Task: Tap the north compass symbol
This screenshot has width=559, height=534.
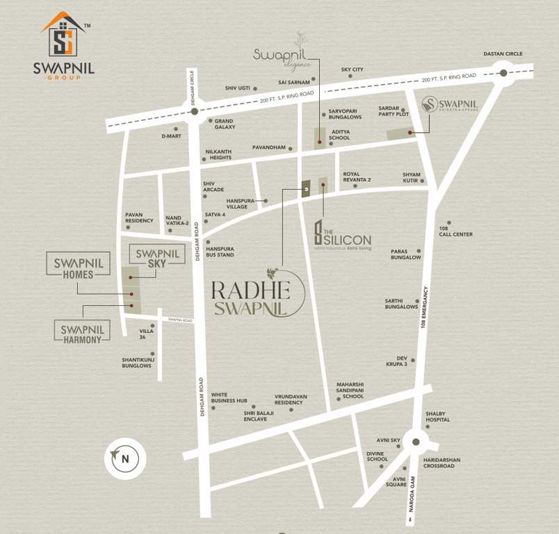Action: (124, 458)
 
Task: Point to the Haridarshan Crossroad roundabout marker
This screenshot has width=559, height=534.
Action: (415, 441)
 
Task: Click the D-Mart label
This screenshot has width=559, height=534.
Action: (170, 136)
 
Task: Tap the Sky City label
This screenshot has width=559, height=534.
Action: (352, 70)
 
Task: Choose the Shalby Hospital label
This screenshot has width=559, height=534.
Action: (438, 416)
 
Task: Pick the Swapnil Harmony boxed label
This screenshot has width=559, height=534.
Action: (81, 333)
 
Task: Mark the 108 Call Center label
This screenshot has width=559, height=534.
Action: (455, 232)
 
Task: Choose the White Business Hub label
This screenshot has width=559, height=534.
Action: (229, 397)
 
